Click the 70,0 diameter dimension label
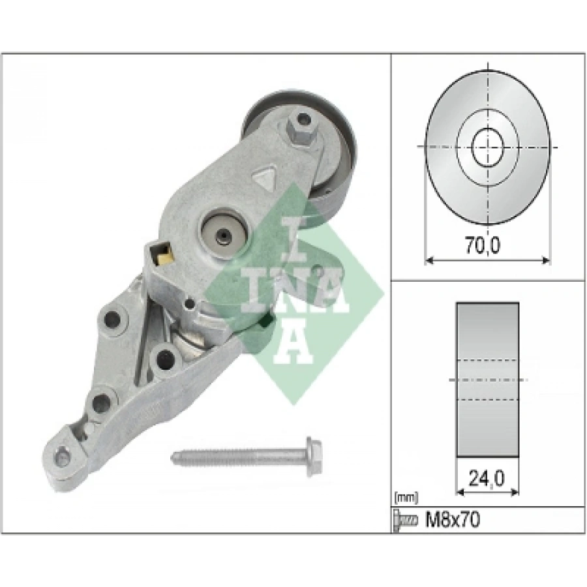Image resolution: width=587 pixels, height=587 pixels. pos(483,246)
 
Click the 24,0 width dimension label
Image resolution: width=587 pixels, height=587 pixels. pos(487,478)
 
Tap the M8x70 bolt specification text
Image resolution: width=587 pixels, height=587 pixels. pos(452,520)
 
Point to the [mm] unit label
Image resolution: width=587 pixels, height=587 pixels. pos(406,498)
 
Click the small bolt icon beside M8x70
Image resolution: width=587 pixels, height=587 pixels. pos(406,520)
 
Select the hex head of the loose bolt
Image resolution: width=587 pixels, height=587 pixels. pos(314,457)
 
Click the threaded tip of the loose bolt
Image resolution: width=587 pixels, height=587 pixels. pos(176,457)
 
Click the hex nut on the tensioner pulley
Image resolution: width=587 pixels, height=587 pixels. pos(300,125)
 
